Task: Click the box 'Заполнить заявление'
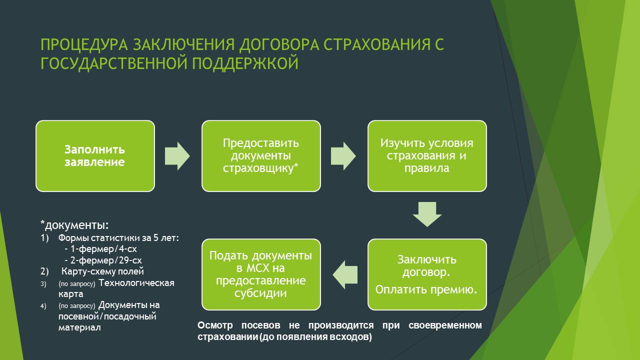[95, 155]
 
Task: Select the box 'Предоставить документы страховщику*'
[261, 155]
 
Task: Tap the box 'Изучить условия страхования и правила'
[427, 155]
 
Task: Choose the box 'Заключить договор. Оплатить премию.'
[427, 274]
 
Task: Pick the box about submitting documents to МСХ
[261, 274]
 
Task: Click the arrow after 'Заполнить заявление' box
[177, 155]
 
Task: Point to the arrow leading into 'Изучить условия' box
[343, 155]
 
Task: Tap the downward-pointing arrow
[427, 214]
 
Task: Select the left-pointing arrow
[345, 274]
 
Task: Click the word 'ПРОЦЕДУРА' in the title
[83, 44]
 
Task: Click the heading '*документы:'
[74, 223]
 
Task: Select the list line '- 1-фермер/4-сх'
[93, 249]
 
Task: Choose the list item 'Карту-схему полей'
[102, 272]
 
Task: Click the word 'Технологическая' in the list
[136, 283]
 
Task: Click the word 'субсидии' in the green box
[261, 293]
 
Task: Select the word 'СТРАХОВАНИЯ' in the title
[375, 44]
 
